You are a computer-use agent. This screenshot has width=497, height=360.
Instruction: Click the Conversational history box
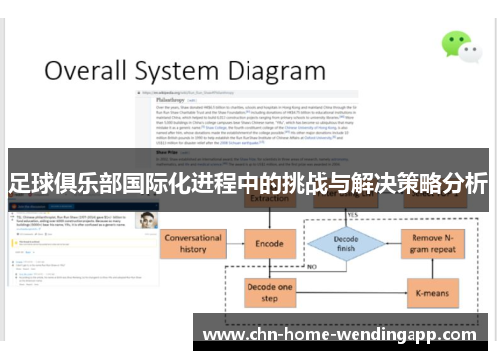(192, 244)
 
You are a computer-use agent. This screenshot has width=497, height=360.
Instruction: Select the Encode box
(269, 243)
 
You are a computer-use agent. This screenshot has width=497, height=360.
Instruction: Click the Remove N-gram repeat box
(435, 244)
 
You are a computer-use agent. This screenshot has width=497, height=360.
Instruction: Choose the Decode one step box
(269, 292)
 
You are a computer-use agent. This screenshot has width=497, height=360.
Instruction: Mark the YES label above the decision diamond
(351, 214)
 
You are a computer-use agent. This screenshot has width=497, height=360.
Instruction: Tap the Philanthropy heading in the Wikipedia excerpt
(159, 99)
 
